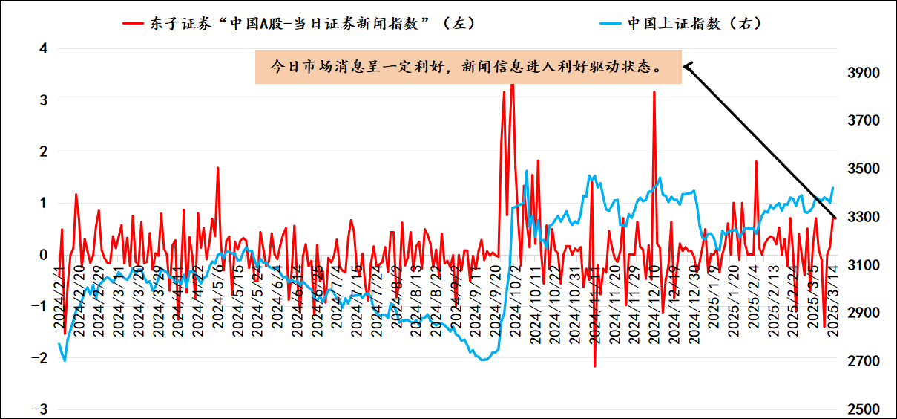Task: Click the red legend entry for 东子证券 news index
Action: (298, 23)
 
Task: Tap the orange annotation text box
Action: (468, 67)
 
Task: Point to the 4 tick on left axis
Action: (43, 48)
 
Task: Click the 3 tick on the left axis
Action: (43, 100)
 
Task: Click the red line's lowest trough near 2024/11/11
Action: (595, 366)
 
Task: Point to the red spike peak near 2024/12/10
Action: (654, 92)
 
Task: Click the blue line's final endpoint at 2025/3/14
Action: (832, 188)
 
